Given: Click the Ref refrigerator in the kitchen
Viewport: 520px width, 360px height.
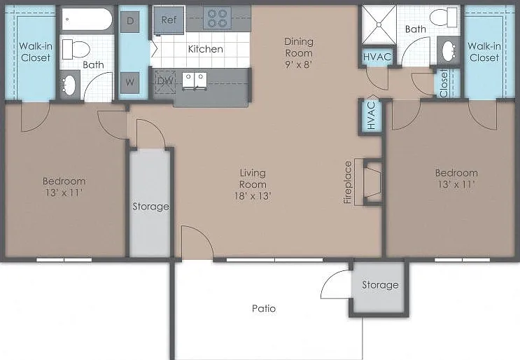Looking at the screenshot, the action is pyautogui.click(x=169, y=20).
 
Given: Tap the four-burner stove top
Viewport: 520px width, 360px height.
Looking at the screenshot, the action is pyautogui.click(x=217, y=18).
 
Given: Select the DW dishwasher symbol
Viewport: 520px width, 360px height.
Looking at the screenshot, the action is pyautogui.click(x=165, y=81).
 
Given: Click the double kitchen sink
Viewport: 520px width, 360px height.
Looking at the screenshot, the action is pyautogui.click(x=195, y=81).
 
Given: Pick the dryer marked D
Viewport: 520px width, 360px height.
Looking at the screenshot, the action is pyautogui.click(x=129, y=22).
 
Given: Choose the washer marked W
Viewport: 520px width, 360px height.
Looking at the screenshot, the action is pyautogui.click(x=129, y=82).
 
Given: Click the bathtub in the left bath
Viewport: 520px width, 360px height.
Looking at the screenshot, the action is pyautogui.click(x=87, y=19).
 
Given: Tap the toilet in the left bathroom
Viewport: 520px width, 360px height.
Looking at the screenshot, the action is pyautogui.click(x=76, y=49).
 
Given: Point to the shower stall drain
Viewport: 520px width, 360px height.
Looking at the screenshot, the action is pyautogui.click(x=379, y=25).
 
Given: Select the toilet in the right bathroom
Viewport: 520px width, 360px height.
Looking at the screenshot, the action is pyautogui.click(x=444, y=18).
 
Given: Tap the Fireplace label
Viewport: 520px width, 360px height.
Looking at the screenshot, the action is pyautogui.click(x=348, y=182).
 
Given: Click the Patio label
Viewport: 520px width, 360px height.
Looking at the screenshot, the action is pyautogui.click(x=264, y=309).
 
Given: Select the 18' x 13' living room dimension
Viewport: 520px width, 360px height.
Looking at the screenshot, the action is pyautogui.click(x=253, y=196).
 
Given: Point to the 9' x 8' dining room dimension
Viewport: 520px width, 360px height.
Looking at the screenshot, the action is pyautogui.click(x=299, y=64).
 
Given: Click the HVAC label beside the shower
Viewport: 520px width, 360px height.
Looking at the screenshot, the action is pyautogui.click(x=377, y=57).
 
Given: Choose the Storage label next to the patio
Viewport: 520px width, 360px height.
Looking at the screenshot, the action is pyautogui.click(x=380, y=284).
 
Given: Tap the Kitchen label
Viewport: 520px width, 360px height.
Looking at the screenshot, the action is pyautogui.click(x=206, y=49).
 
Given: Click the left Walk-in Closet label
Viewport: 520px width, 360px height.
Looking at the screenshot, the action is pyautogui.click(x=36, y=52).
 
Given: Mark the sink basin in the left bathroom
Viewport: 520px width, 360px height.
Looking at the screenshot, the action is pyautogui.click(x=69, y=85).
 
